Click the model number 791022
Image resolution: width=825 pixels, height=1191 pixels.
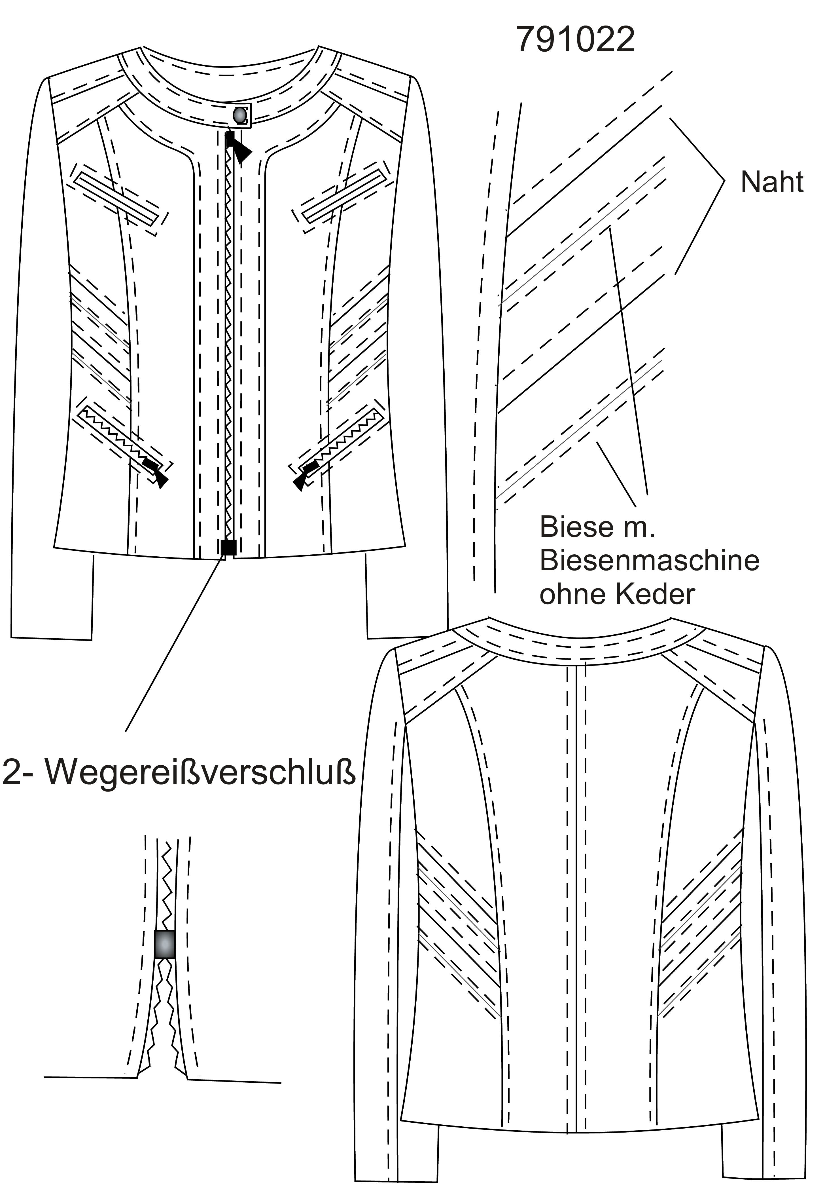tap(575, 39)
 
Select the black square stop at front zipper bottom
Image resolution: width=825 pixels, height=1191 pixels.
tap(228, 547)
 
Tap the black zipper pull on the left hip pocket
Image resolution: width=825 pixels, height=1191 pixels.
tap(156, 471)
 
